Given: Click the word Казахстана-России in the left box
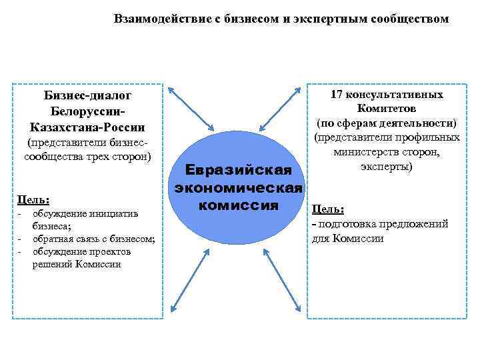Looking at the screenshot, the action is click(x=87, y=127).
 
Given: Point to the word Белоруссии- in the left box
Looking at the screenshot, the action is click(x=87, y=111).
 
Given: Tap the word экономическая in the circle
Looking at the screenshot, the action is click(x=239, y=189).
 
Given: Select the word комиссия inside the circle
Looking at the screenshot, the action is click(x=238, y=205).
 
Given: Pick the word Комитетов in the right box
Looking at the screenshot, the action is click(x=387, y=109).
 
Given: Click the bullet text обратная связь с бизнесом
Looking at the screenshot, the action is click(x=93, y=239).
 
